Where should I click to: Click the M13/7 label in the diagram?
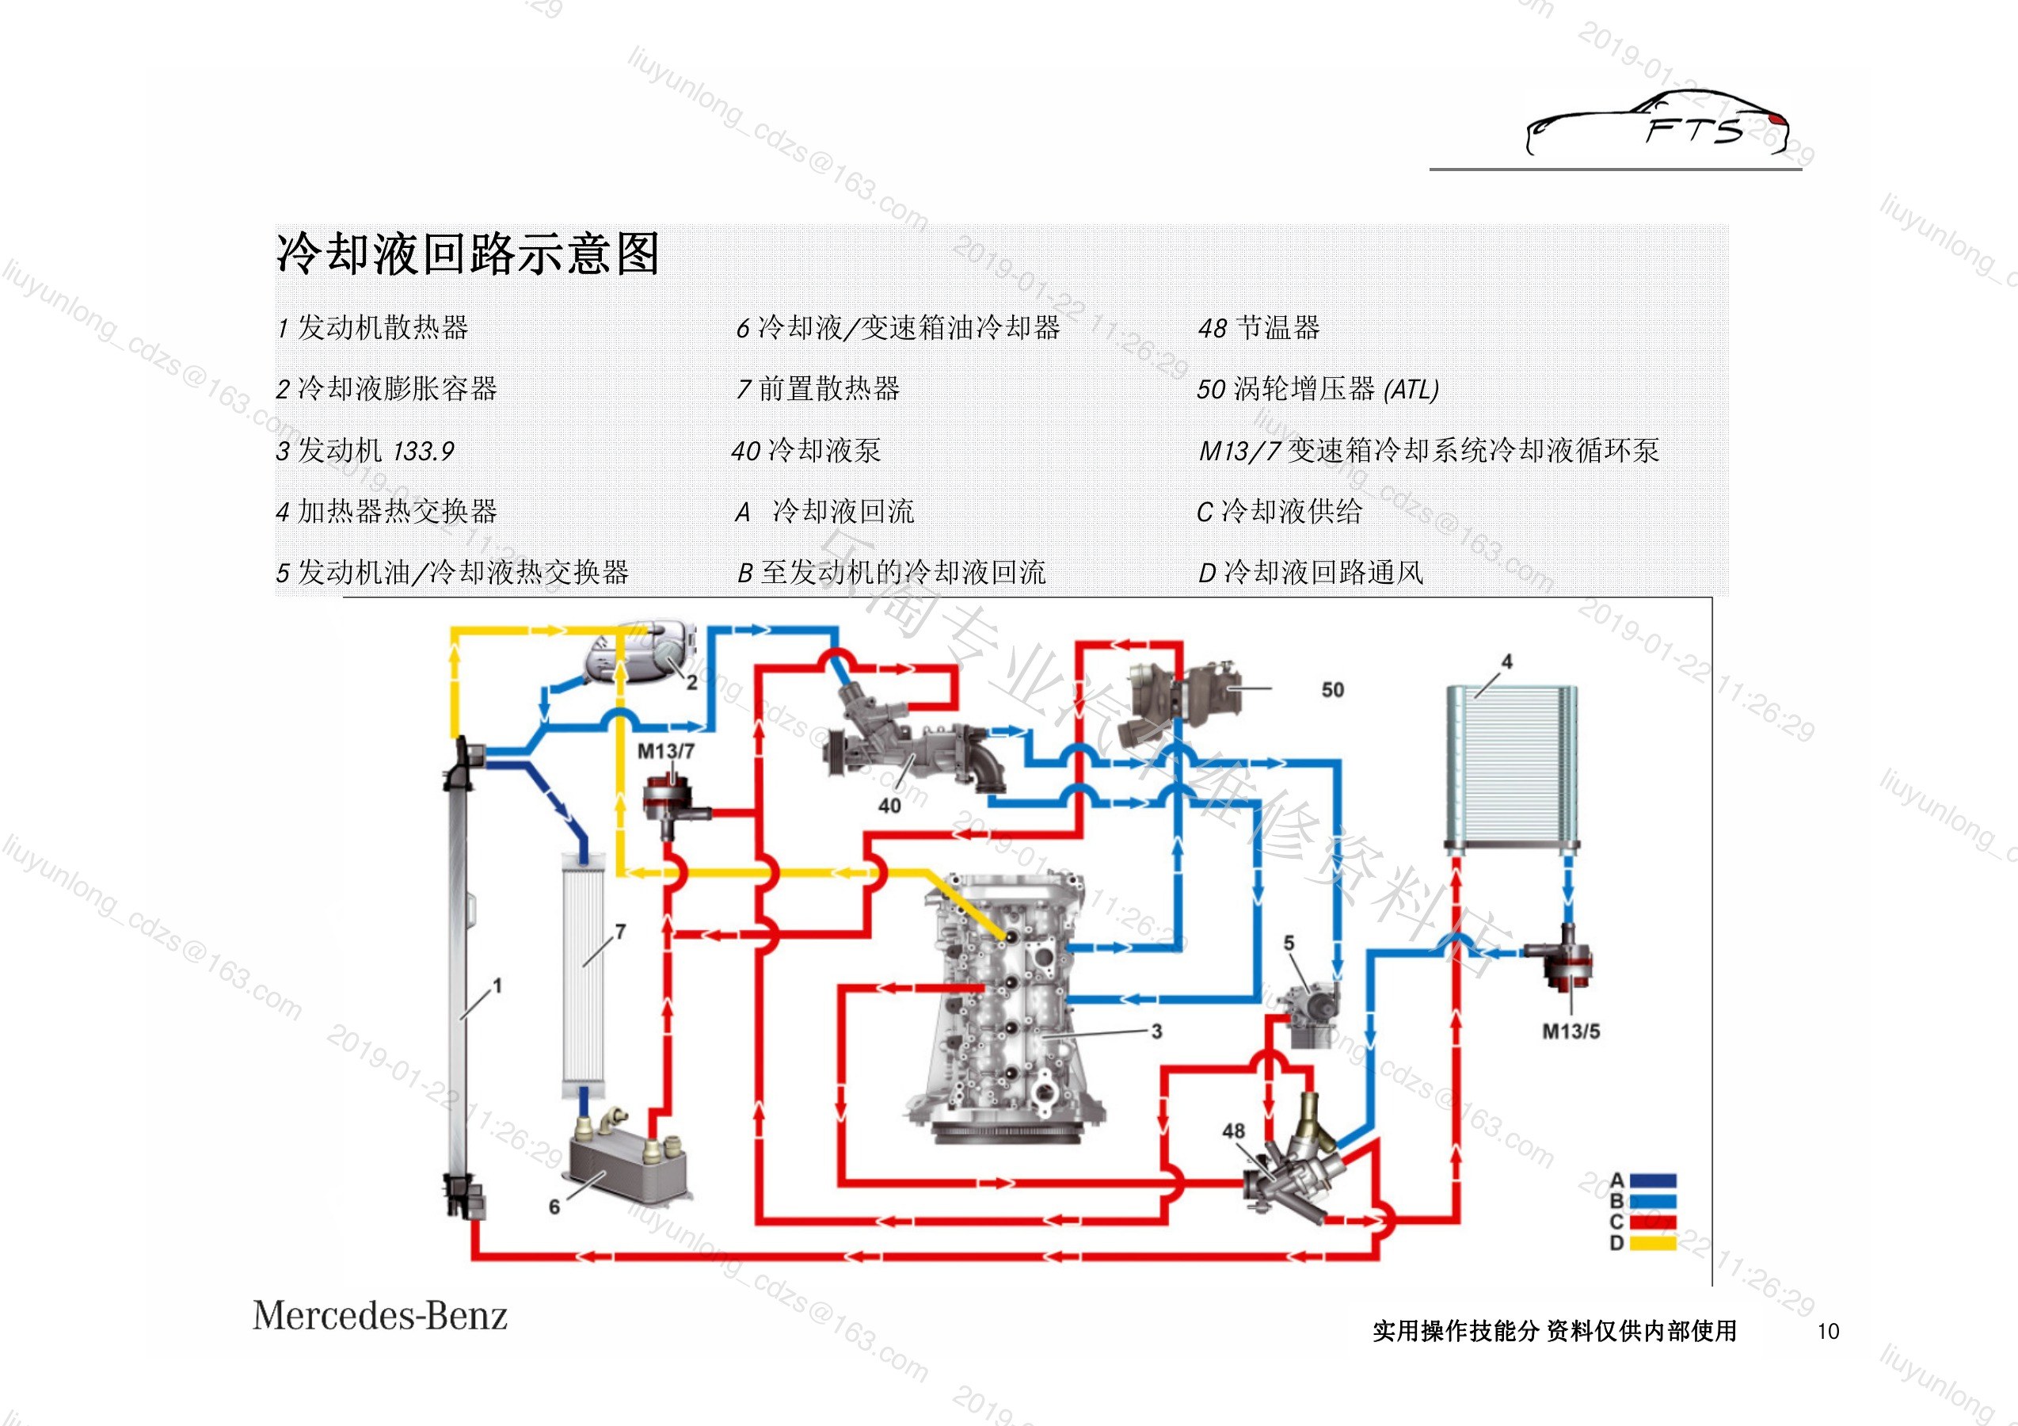pos(665,751)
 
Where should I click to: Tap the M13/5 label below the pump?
pos(1571,1031)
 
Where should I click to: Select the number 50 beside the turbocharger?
pos(1332,690)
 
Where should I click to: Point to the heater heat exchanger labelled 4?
pos(1512,769)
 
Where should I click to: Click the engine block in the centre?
pos(1007,1007)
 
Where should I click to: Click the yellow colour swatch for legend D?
pos(1653,1243)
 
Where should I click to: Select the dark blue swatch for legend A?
pos(1653,1180)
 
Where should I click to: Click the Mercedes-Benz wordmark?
pos(379,1316)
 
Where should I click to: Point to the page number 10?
pos(1828,1331)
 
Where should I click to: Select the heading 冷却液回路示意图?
pos(467,254)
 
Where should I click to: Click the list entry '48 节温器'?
pos(1258,328)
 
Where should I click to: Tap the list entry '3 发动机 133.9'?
pos(365,450)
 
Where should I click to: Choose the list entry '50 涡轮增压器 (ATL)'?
pos(1318,389)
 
